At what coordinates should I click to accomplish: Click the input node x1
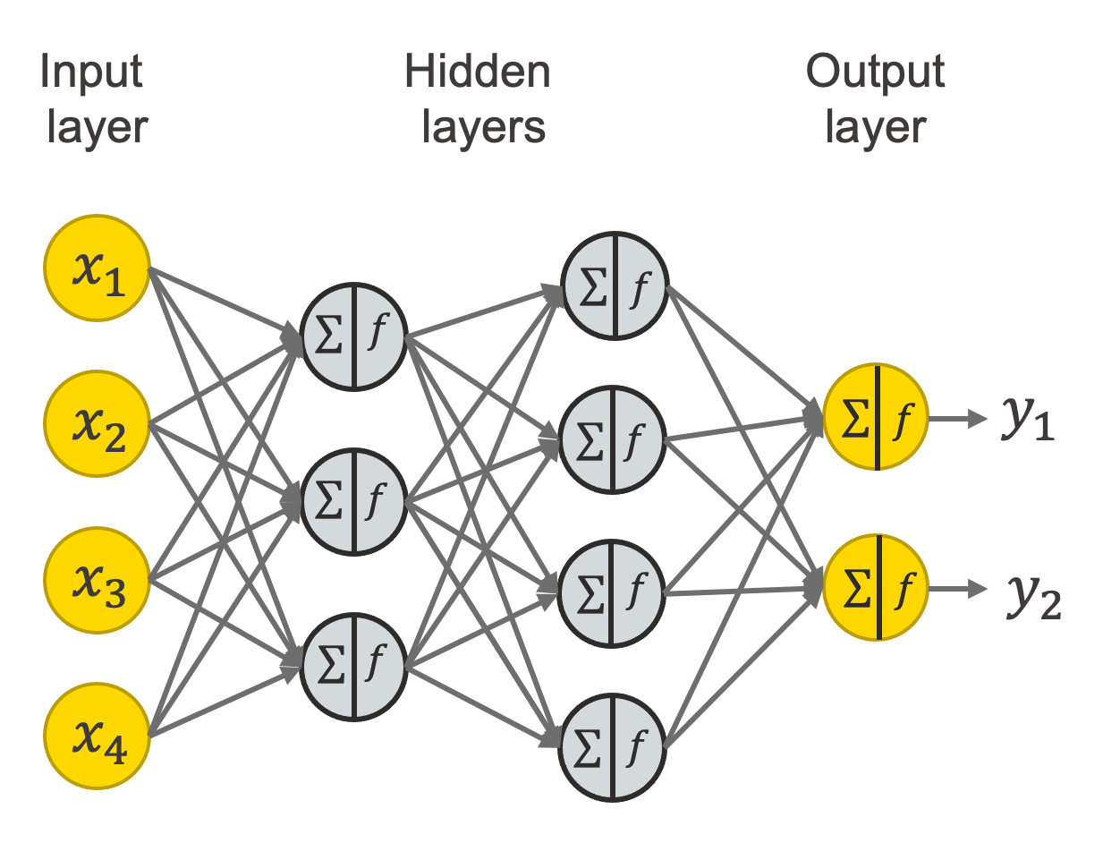(97, 269)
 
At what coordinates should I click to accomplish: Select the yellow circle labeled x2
(97, 424)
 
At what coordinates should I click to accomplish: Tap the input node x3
(97, 580)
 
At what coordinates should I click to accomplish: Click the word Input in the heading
(91, 72)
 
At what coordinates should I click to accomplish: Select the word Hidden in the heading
(478, 72)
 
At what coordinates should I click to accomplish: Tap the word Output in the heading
(875, 72)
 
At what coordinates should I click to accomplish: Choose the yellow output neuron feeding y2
(877, 588)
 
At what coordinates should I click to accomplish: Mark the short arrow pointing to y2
(958, 588)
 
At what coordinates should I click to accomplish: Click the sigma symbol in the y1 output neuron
(856, 418)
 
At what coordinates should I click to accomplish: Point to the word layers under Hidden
(483, 127)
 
